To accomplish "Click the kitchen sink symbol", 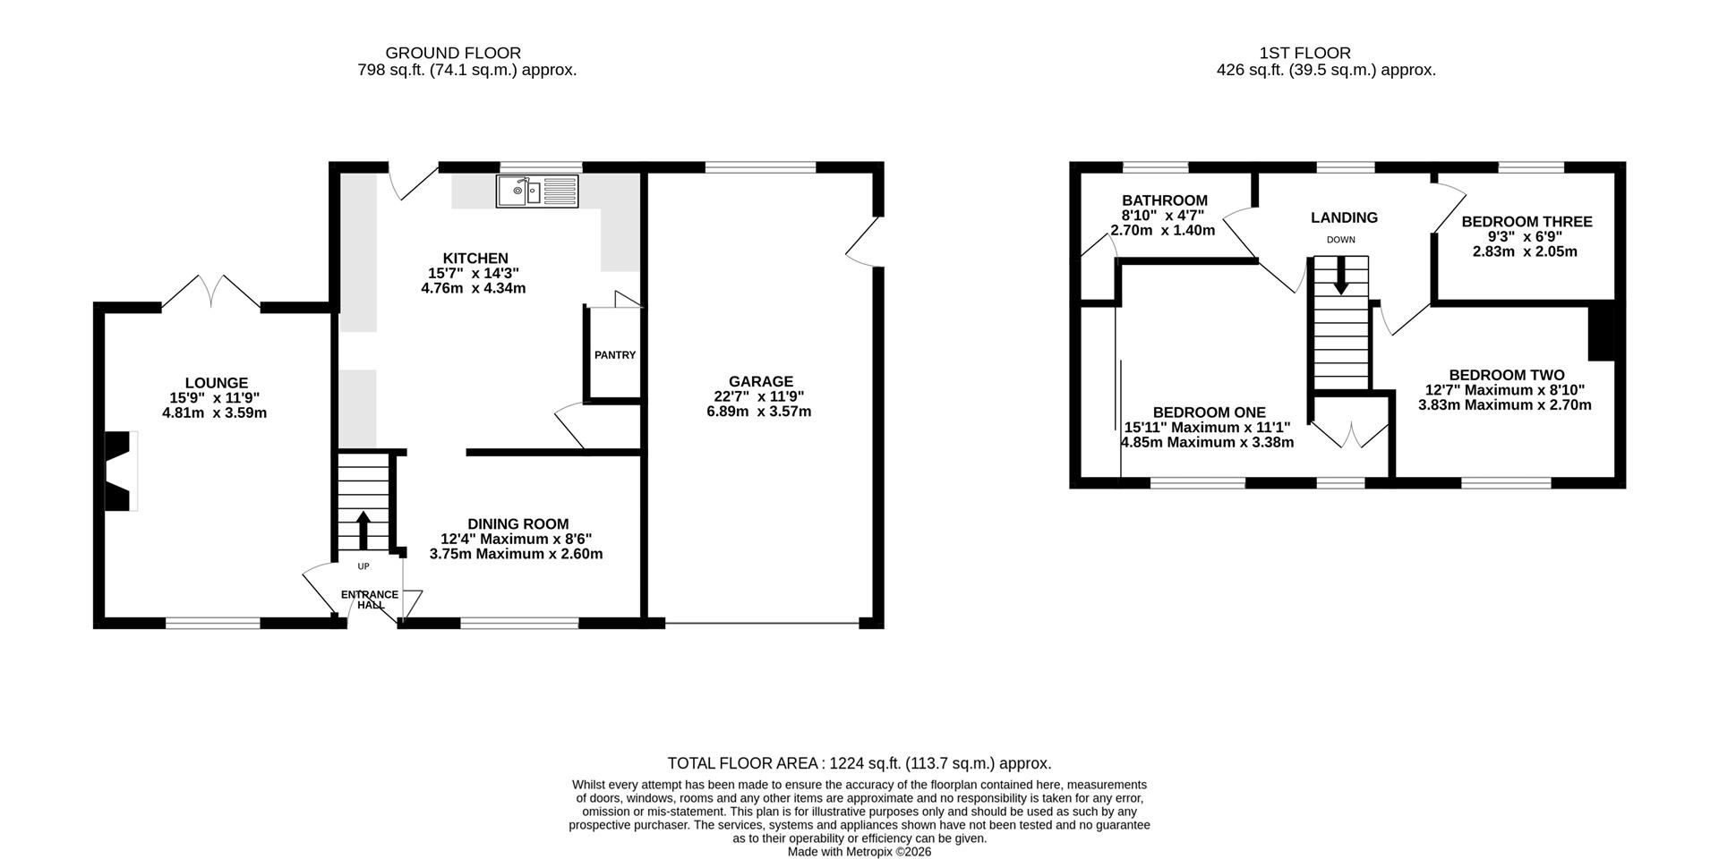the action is pyautogui.click(x=538, y=191).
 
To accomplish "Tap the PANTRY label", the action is pyautogui.click(x=615, y=355).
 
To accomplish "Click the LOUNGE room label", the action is pyautogui.click(x=217, y=383).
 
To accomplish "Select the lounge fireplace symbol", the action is pyautogui.click(x=121, y=472).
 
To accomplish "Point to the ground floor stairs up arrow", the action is pyautogui.click(x=363, y=530).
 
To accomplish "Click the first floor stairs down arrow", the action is pyautogui.click(x=1340, y=276).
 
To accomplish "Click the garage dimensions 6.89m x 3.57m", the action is pyautogui.click(x=759, y=412).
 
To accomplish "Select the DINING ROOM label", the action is pyautogui.click(x=517, y=524).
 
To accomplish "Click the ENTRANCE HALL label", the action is pyautogui.click(x=370, y=600).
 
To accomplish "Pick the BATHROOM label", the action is pyautogui.click(x=1165, y=200).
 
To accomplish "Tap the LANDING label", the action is pyautogui.click(x=1344, y=217).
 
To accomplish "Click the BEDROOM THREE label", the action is pyautogui.click(x=1527, y=222).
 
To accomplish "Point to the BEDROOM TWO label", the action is pyautogui.click(x=1507, y=376).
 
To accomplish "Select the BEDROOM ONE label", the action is pyautogui.click(x=1209, y=412).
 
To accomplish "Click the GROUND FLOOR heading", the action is pyautogui.click(x=453, y=53).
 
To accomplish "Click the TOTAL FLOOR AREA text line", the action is pyautogui.click(x=859, y=763).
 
